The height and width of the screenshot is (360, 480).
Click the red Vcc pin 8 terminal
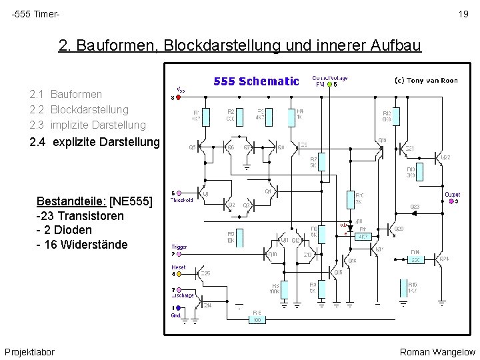173,98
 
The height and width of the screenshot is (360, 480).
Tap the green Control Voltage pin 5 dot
327,85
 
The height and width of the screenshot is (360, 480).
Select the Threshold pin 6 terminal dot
173,193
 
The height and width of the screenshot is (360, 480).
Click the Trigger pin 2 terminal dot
173,254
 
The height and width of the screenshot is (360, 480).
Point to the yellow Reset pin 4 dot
173,274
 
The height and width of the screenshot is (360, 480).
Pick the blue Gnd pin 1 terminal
173,308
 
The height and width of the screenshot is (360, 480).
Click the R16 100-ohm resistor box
257,320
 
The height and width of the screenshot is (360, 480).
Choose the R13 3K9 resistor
418,171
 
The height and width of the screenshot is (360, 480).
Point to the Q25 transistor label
206,273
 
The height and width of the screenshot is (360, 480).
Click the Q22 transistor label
445,157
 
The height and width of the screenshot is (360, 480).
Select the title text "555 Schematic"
256,81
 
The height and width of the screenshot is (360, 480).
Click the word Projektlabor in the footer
29,351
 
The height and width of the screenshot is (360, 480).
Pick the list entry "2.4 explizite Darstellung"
95,141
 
